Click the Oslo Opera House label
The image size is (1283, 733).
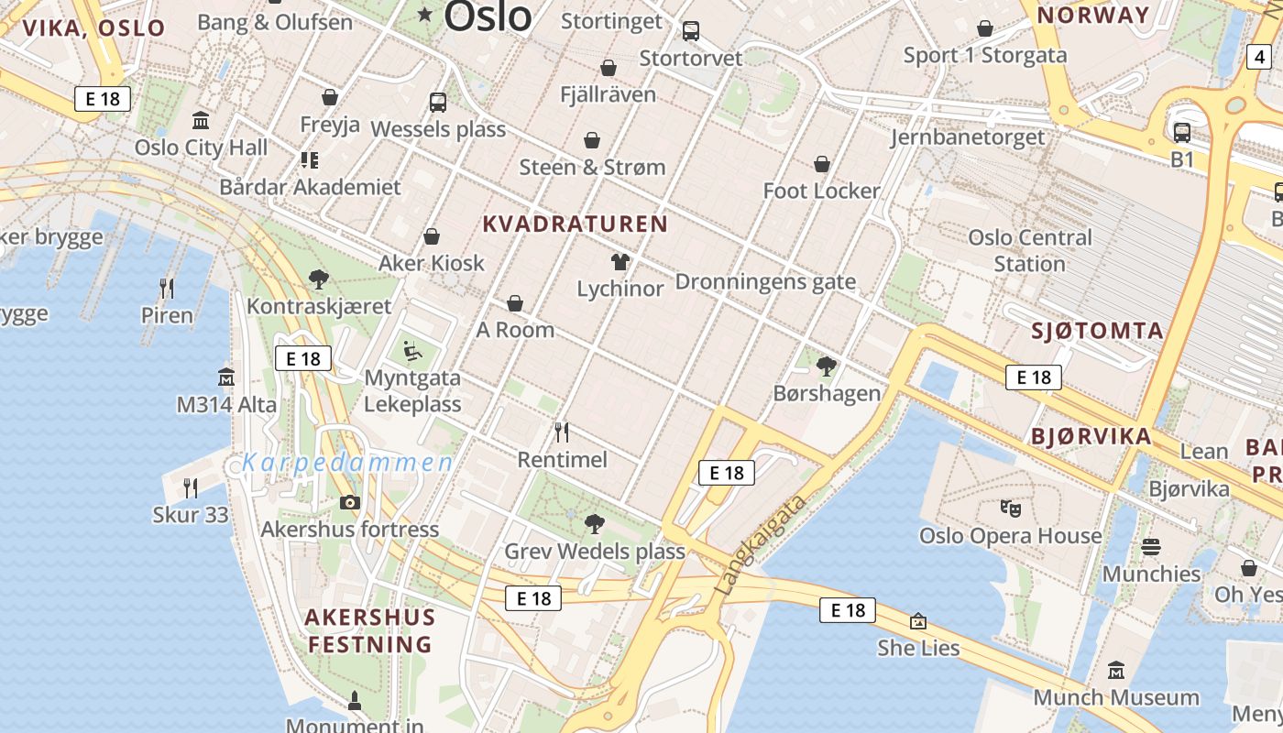[x=1011, y=535]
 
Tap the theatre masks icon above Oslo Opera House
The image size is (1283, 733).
[x=1011, y=507]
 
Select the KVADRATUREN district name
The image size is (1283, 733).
[x=576, y=224]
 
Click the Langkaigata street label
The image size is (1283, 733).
[x=762, y=545]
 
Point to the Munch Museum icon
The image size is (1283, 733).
[x=1115, y=671]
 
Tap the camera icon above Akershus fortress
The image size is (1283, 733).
[x=349, y=502]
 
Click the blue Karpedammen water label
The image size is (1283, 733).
[x=348, y=463]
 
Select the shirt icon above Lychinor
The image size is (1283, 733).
[x=620, y=262]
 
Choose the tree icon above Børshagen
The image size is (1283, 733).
[x=826, y=366]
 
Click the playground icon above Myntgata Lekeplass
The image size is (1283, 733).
[x=412, y=351]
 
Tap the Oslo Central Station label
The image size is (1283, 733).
[x=1030, y=250]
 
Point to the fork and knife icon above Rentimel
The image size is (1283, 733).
[x=562, y=432]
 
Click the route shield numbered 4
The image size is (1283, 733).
[x=1259, y=57]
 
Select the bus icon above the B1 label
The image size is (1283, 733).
[x=1182, y=133]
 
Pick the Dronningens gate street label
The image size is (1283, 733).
[x=765, y=281]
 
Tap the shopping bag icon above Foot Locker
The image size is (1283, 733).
[x=822, y=164]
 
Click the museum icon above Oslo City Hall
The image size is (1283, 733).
[x=201, y=120]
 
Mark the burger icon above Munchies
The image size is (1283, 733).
[x=1151, y=547]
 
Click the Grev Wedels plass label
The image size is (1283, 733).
[x=595, y=552]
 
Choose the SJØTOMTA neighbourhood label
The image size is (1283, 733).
[x=1097, y=331]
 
